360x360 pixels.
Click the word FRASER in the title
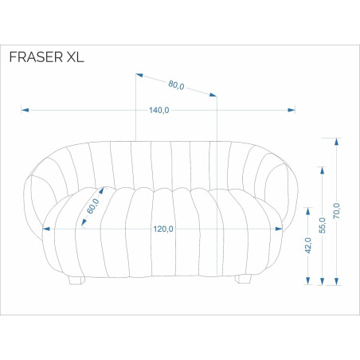coord(36,57)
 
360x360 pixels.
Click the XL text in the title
coord(75,57)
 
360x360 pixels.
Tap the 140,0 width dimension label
coord(158,110)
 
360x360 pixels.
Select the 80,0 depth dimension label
coord(176,85)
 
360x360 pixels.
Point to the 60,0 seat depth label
coord(93,206)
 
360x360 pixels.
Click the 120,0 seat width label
coord(163,229)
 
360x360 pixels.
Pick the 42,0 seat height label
coord(308,245)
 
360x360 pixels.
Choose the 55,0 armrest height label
coord(323,225)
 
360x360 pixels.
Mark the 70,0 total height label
coord(337,211)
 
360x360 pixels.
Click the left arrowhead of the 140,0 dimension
coord(25,110)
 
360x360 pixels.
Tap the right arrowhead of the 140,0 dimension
coord(292,110)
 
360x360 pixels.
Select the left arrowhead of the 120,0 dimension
coord(46,229)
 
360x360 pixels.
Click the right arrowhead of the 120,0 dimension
coord(279,229)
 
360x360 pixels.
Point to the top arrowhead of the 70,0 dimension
coord(337,142)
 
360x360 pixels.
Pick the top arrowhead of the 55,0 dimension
coord(323,170)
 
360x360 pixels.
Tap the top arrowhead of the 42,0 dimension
coord(308,211)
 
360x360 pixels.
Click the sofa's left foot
coord(76,280)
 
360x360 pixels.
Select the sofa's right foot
coord(243,279)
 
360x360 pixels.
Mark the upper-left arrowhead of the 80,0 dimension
coord(139,75)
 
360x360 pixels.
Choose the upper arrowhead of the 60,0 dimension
coord(101,190)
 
